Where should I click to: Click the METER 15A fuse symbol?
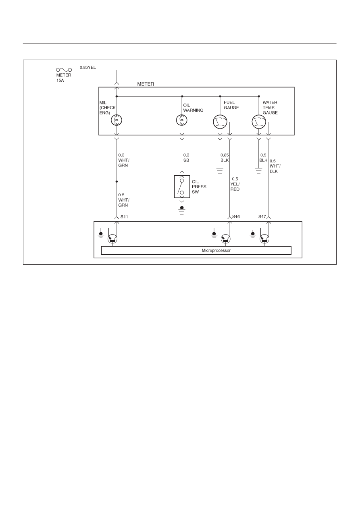coord(64,70)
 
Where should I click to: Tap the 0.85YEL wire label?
coord(88,67)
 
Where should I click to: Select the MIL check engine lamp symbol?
coord(117,120)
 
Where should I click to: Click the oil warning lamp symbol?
coord(182,120)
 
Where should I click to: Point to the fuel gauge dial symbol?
coord(220,122)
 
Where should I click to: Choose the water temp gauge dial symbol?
coord(259,122)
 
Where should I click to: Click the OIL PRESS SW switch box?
coord(182,187)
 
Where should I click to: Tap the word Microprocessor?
coord(216,250)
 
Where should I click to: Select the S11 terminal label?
coord(124,217)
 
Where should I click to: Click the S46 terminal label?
coord(236,216)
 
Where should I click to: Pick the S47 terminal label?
coord(262,216)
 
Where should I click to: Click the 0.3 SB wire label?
coord(186,158)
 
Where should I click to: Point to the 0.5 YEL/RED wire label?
coord(235,184)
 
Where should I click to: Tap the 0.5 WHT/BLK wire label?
coord(275,166)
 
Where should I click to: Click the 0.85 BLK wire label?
coord(225,158)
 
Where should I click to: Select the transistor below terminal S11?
coord(112,239)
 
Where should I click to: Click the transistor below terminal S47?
coord(264,239)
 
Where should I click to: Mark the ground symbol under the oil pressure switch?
coord(181,210)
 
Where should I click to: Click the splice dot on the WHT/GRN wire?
coord(117,182)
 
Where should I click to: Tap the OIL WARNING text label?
coord(193,108)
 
